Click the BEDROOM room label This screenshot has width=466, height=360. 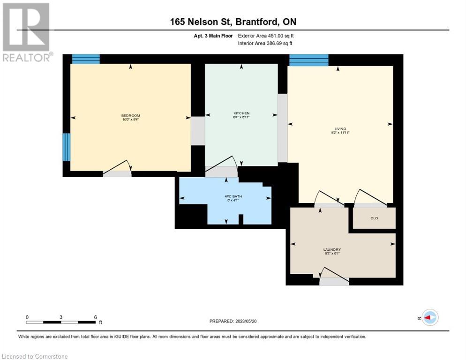pyautogui.click(x=130, y=116)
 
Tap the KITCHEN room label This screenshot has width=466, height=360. pyautogui.click(x=241, y=113)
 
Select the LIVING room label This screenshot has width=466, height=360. pyautogui.click(x=340, y=129)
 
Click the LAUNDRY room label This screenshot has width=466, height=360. pyautogui.click(x=331, y=250)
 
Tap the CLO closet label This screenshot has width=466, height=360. pyautogui.click(x=374, y=218)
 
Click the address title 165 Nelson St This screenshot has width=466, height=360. pyautogui.click(x=233, y=22)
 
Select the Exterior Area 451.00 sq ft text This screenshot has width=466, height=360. pyautogui.click(x=266, y=36)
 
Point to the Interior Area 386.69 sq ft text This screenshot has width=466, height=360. pyautogui.click(x=266, y=44)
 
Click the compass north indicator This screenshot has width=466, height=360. pyautogui.click(x=429, y=317)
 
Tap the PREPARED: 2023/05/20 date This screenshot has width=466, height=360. pyautogui.click(x=233, y=321)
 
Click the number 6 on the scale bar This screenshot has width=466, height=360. pyautogui.click(x=95, y=317)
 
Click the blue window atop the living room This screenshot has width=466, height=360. pyautogui.click(x=308, y=60)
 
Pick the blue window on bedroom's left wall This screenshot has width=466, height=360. pyautogui.click(x=67, y=147)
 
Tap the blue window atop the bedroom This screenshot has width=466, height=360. pyautogui.click(x=86, y=59)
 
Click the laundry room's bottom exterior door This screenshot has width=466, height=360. pyautogui.click(x=334, y=281)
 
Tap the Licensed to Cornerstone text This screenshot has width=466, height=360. pyautogui.click(x=35, y=357)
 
